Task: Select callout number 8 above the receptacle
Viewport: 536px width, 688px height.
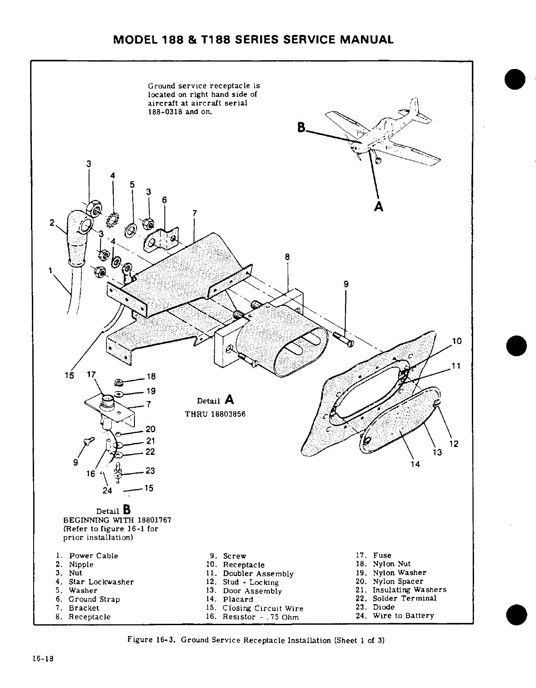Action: click(x=287, y=257)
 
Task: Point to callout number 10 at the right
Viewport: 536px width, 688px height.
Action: click(x=457, y=341)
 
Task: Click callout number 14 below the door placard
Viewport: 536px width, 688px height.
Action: click(x=415, y=464)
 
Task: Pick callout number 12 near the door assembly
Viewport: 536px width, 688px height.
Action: click(x=454, y=444)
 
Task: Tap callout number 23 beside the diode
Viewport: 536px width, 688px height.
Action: click(x=150, y=471)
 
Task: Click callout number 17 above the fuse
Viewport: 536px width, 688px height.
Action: click(x=91, y=375)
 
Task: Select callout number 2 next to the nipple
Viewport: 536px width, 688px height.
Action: click(x=52, y=223)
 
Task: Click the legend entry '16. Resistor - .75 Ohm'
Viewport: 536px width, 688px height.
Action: click(x=254, y=617)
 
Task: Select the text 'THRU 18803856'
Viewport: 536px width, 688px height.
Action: click(x=215, y=414)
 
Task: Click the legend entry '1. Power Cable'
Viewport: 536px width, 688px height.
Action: click(x=87, y=556)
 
